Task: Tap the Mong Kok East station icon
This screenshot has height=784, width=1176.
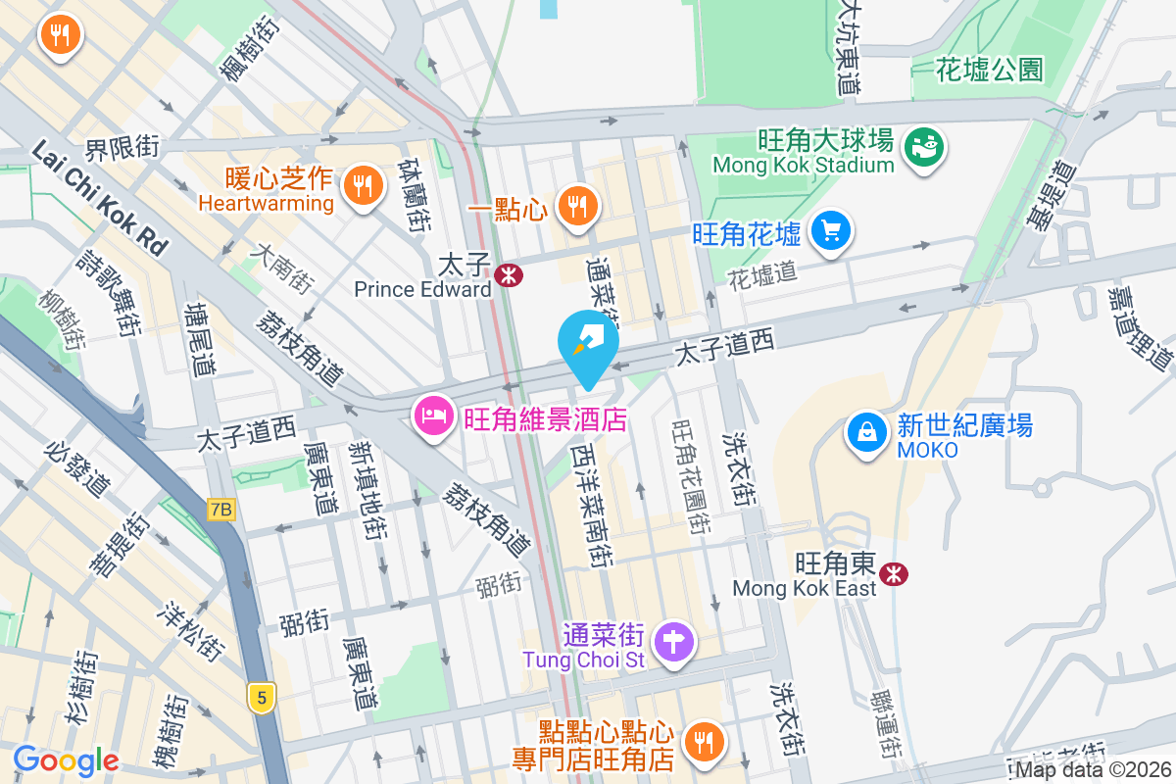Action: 893,573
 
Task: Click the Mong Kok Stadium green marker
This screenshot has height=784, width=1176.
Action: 924,148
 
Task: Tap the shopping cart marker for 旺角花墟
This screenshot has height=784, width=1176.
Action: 832,232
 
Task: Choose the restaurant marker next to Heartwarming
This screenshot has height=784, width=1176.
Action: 363,183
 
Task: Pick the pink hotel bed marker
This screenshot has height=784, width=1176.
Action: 432,418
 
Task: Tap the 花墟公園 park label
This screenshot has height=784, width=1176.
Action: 989,70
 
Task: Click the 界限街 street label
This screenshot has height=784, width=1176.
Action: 122,149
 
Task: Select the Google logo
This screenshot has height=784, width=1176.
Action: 66,760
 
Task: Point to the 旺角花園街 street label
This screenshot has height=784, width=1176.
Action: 689,477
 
